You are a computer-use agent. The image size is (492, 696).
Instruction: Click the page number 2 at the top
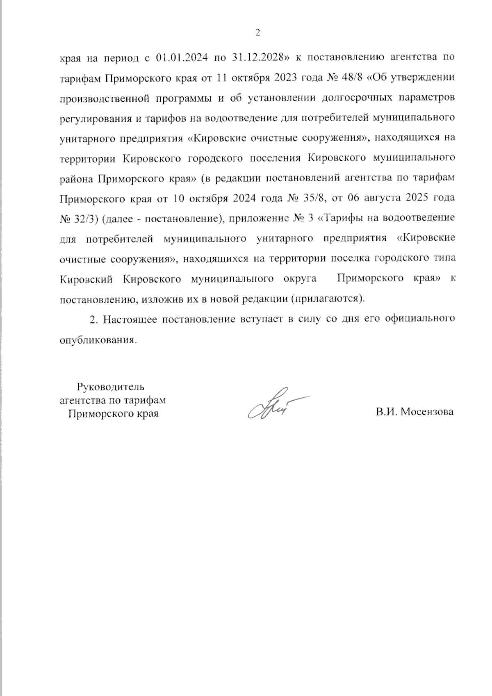[257, 33]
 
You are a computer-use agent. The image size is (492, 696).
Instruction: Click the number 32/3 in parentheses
[84, 218]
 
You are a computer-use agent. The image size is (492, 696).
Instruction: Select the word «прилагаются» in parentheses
[327, 299]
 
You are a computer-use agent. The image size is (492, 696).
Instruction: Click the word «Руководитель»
[111, 386]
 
